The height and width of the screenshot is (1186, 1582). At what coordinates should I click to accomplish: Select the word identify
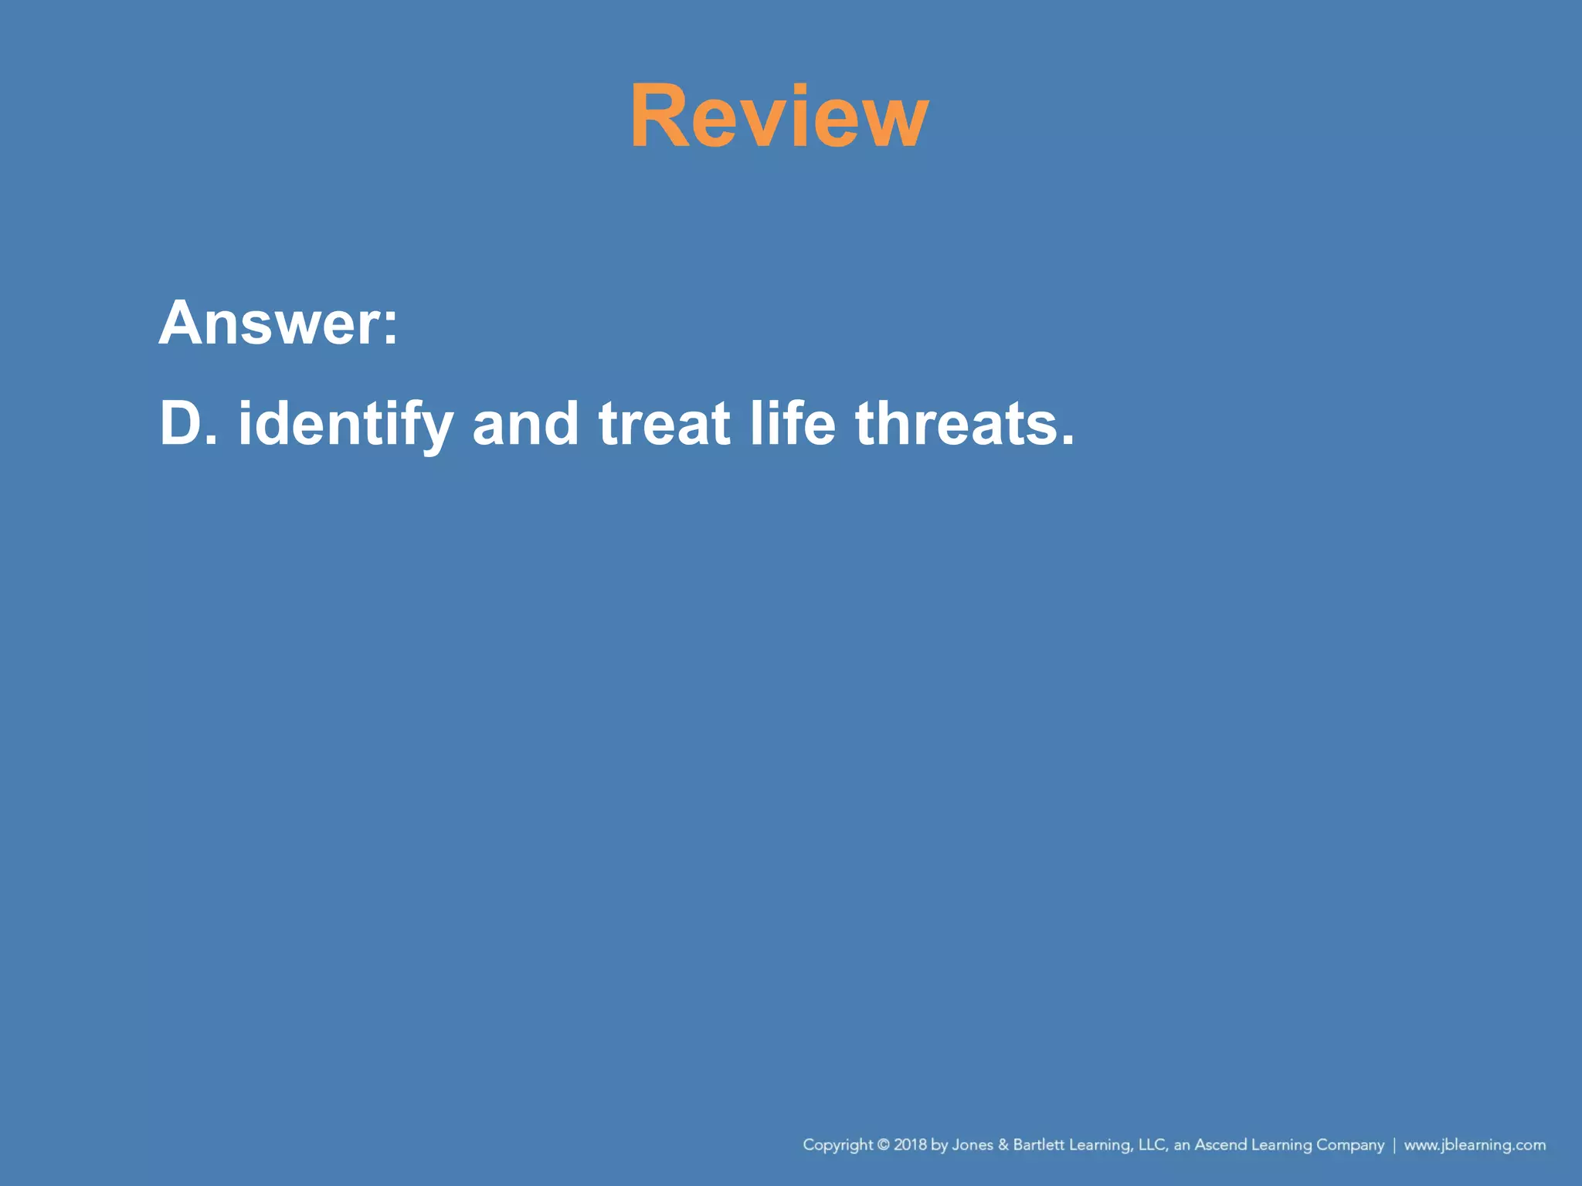point(345,425)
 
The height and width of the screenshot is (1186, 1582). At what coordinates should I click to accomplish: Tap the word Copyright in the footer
point(838,1145)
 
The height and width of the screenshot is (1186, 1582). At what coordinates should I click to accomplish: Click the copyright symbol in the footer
point(884,1144)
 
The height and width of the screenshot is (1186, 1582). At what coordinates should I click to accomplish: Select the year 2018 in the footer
point(910,1144)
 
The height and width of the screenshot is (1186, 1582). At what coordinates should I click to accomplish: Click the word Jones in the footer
point(973,1144)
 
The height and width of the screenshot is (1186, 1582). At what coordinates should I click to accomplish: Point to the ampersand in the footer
point(1003,1144)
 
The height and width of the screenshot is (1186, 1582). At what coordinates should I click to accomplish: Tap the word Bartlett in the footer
point(1038,1144)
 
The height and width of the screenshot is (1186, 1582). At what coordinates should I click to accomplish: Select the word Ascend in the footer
point(1220,1144)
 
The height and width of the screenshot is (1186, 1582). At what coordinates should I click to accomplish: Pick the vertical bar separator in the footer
point(1394,1144)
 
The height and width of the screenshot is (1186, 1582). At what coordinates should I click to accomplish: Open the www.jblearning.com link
point(1475,1145)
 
